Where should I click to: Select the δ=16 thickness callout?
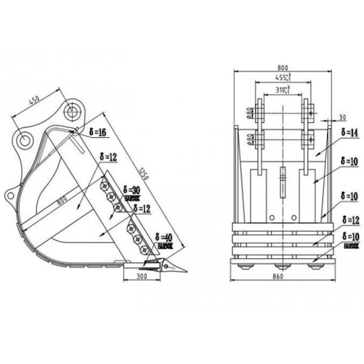96,132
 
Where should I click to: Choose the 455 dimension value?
282,78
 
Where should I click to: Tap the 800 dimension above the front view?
282,67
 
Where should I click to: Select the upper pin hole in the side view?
73,112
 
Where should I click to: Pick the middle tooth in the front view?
282,266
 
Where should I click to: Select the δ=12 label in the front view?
351,219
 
